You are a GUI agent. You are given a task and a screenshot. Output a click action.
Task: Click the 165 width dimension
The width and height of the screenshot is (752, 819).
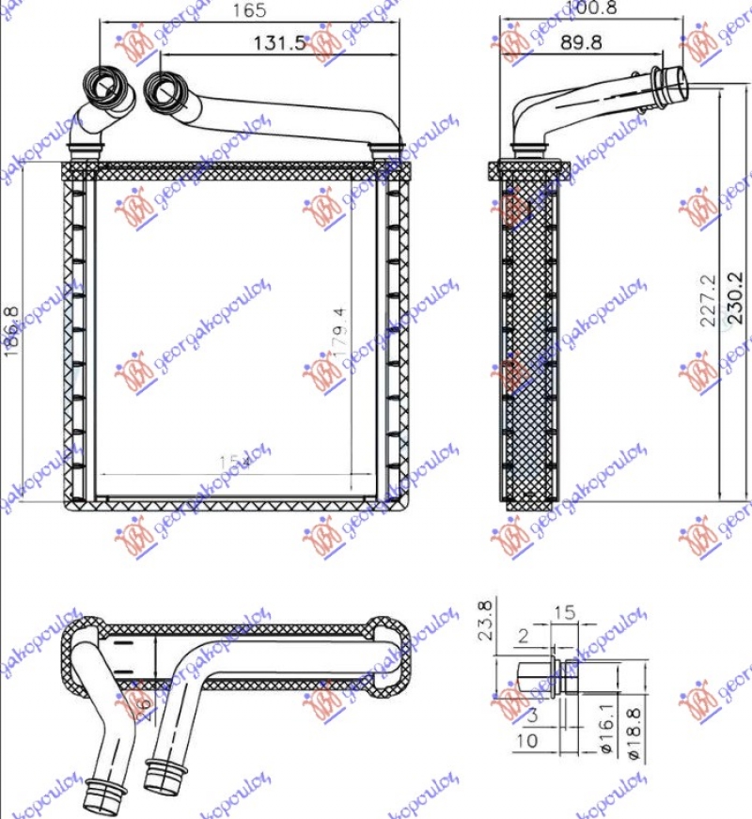point(250,11)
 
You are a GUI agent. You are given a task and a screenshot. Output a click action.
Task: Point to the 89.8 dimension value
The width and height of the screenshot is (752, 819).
point(581,42)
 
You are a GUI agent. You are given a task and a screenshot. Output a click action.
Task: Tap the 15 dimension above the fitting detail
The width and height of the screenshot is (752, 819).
point(563,612)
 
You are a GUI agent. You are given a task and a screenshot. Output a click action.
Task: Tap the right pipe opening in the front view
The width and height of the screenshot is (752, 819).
point(165,91)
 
